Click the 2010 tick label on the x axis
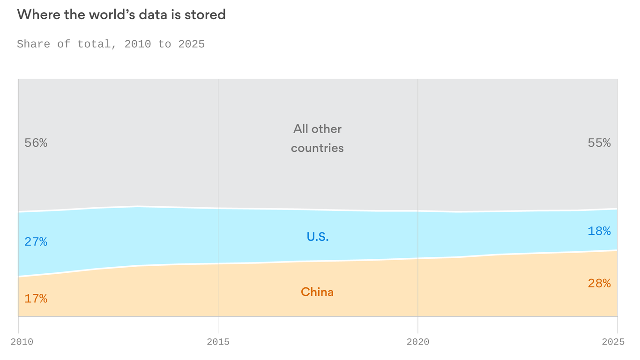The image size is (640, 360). point(22,342)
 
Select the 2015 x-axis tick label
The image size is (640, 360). point(218,342)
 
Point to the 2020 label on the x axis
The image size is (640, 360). point(418,342)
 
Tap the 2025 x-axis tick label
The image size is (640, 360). point(613,342)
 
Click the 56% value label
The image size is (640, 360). point(36,143)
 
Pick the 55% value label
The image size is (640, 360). point(599,143)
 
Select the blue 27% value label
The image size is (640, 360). point(36,242)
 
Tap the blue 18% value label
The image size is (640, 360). point(599,231)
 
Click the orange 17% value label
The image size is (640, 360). point(36,299)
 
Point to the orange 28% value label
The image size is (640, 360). point(599,284)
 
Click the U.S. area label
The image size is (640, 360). point(318,237)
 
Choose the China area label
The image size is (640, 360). point(317,292)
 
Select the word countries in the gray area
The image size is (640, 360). point(317,148)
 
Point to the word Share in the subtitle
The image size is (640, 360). point(34,44)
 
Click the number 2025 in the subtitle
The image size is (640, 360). point(192,44)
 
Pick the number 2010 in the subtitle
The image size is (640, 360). point(138,44)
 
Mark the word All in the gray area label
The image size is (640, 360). point(301,129)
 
